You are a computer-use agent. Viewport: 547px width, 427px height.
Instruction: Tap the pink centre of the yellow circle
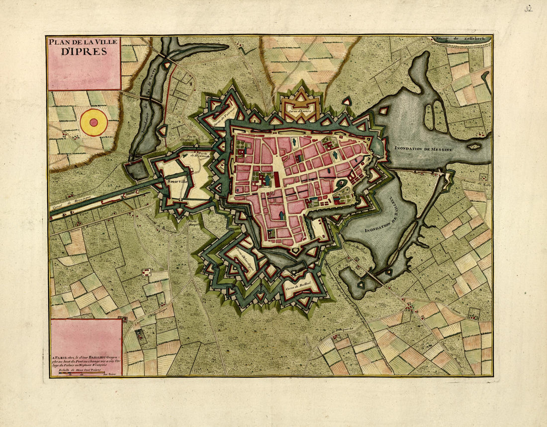pyautogui.click(x=93, y=122)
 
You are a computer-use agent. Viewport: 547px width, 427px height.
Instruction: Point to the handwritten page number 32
pyautogui.click(x=528, y=8)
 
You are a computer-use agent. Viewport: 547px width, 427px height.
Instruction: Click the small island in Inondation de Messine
pyautogui.click(x=474, y=146)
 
